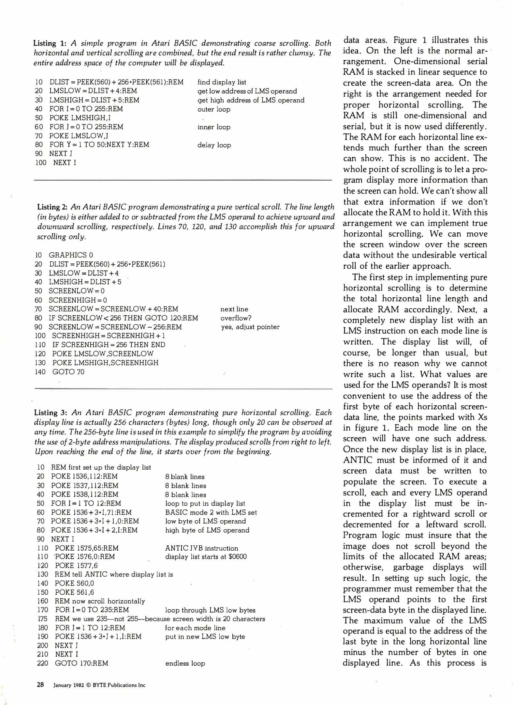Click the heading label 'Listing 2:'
tap(52, 207)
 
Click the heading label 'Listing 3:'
tap(51, 413)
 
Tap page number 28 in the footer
tap(40, 685)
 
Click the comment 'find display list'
tap(222, 82)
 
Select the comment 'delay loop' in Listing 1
tap(214, 145)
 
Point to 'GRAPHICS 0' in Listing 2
tap(71, 255)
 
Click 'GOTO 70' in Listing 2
tap(68, 372)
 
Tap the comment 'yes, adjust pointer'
tap(250, 327)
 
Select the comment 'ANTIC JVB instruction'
tap(201, 548)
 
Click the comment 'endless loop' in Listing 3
tap(185, 663)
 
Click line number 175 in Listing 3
tap(42, 619)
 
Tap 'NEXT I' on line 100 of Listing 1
tap(65, 163)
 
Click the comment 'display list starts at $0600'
tap(206, 557)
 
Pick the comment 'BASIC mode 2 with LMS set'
tap(211, 512)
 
